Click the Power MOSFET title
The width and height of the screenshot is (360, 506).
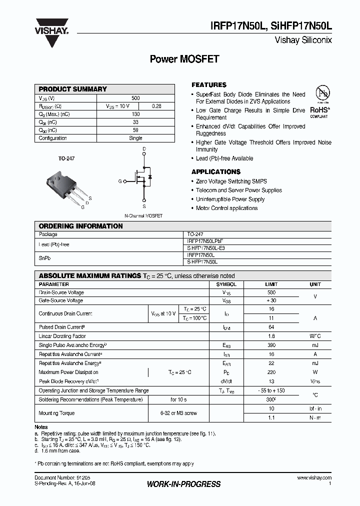click(184, 59)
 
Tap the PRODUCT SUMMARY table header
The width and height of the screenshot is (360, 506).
click(73, 89)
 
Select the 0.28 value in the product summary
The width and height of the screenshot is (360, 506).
click(156, 106)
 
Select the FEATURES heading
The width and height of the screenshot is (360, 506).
click(209, 85)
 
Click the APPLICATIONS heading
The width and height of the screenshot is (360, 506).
click(216, 172)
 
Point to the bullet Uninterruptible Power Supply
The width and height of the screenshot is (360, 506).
click(230, 199)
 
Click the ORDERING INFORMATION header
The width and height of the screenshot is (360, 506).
click(80, 226)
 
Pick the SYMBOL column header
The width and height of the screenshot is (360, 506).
click(226, 284)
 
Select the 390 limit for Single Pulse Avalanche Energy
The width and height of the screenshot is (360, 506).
click(271, 345)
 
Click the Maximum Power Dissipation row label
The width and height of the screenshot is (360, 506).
click(68, 372)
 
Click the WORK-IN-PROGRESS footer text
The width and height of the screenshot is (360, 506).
click(183, 484)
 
